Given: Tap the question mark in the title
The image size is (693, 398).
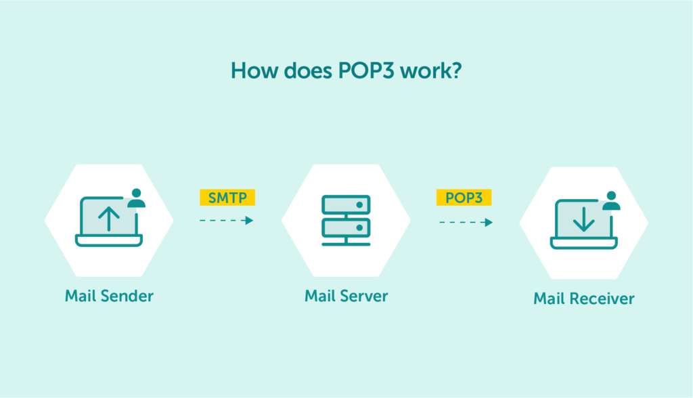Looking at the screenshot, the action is (x=457, y=71).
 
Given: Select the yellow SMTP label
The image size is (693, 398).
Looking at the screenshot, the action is (x=227, y=197).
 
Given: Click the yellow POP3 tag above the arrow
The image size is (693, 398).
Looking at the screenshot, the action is (x=464, y=197).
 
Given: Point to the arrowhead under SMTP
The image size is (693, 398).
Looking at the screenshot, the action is (x=249, y=221).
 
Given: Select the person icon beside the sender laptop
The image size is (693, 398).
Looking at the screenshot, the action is (x=137, y=198).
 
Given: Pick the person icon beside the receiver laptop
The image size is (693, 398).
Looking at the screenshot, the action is (x=612, y=201).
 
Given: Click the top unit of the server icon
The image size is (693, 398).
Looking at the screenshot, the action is (x=346, y=204).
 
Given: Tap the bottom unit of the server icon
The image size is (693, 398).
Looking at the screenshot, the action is (x=346, y=224).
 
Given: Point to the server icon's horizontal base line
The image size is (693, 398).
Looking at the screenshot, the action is (x=346, y=245).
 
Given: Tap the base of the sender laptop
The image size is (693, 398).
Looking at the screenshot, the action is (x=109, y=241).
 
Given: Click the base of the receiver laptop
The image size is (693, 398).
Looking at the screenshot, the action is (x=584, y=243).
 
